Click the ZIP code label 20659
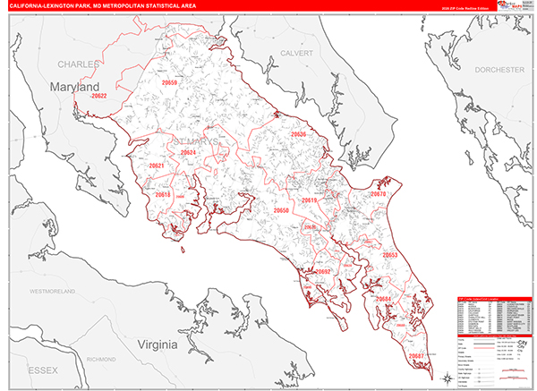click(169, 83)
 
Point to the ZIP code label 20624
click(188, 152)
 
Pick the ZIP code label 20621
click(157, 166)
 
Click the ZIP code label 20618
click(162, 194)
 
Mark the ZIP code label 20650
click(281, 210)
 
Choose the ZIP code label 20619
click(309, 201)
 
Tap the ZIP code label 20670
click(378, 194)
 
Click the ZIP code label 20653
click(390, 255)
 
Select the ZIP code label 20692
click(323, 271)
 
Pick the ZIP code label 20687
click(416, 356)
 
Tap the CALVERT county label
click(297, 53)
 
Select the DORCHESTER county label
click(499, 70)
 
